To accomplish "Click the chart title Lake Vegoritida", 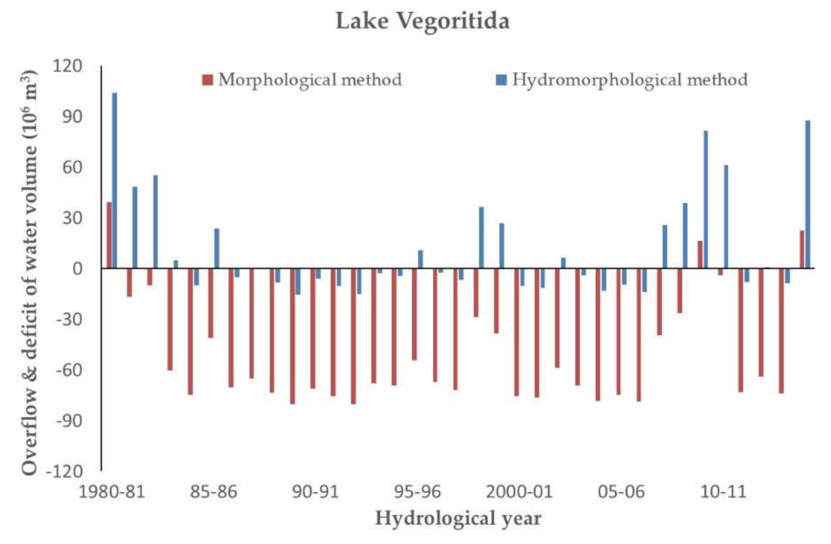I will [x=422, y=21].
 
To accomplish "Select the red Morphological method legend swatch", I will [x=208, y=80].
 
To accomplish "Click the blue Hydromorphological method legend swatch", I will [x=501, y=80].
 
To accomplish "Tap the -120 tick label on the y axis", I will [x=65, y=471].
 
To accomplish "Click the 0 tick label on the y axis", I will [x=77, y=269].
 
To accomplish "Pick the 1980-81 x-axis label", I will [x=111, y=491].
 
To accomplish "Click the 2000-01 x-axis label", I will [x=519, y=491].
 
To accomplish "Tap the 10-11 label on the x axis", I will [x=723, y=491].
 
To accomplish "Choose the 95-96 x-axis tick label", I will [x=417, y=491].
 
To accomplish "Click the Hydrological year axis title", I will [x=458, y=518].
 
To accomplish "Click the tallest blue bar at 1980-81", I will [x=115, y=181].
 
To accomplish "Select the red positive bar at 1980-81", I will [x=109, y=235].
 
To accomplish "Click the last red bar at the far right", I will [x=802, y=250].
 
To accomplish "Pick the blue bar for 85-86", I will [x=217, y=248].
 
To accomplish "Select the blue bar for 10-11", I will [x=726, y=217].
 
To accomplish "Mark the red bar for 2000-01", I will [x=516, y=332].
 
